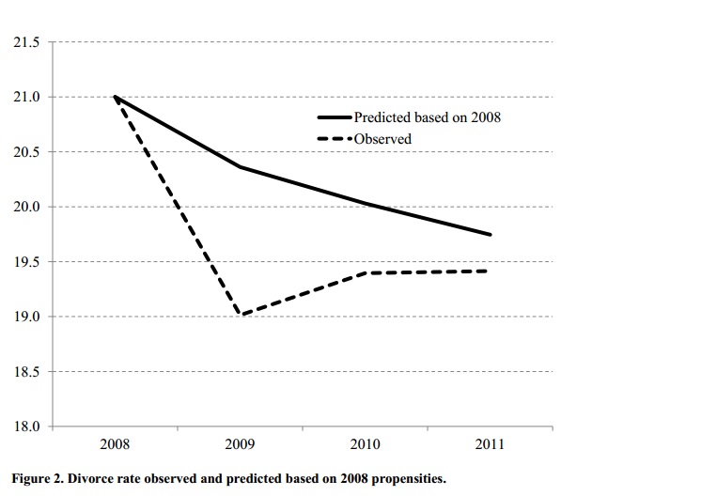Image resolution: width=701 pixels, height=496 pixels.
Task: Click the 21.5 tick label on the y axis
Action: point(24,42)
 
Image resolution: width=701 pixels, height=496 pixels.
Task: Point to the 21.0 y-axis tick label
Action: point(24,98)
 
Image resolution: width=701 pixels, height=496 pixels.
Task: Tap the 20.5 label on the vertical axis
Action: point(24,152)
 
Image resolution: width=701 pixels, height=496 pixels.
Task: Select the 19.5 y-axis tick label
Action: point(24,262)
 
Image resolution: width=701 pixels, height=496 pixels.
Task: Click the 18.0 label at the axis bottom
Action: point(24,426)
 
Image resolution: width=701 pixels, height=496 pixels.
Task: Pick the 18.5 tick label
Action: point(24,372)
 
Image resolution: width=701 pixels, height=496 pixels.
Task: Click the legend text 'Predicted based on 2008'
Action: point(427,117)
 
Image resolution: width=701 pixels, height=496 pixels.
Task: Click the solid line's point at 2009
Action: point(241,167)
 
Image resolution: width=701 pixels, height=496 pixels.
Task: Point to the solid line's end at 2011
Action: point(491,234)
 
